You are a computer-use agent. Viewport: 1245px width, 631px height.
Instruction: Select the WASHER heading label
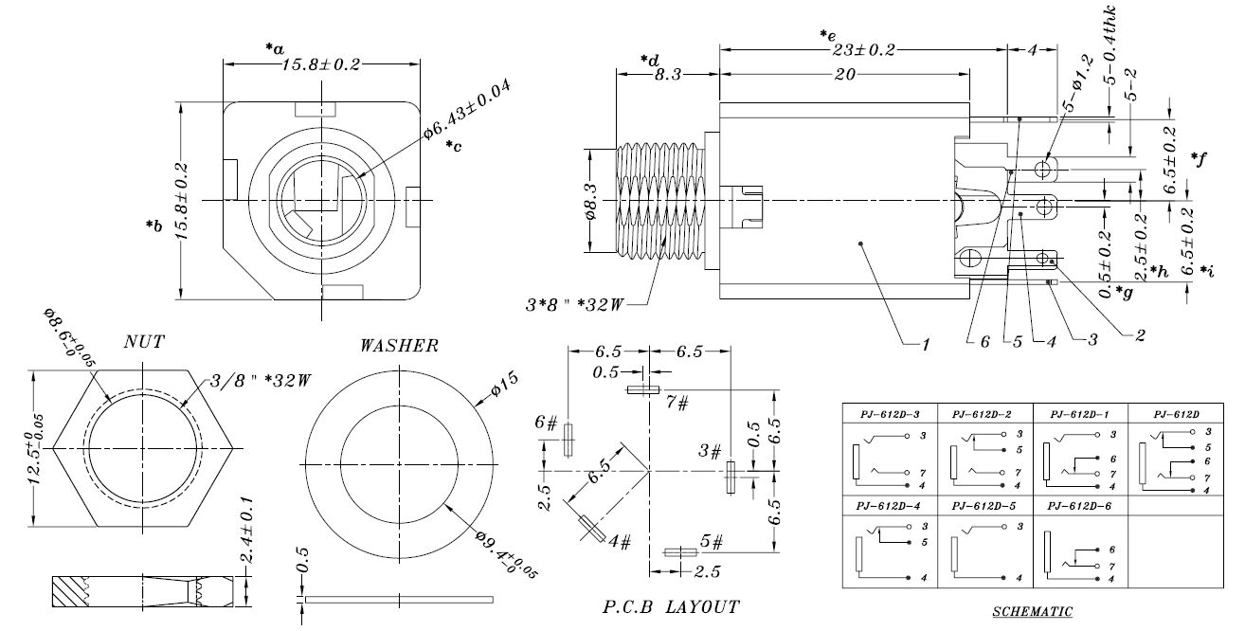(399, 346)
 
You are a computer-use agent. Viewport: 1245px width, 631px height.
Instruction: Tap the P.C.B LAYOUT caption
(672, 604)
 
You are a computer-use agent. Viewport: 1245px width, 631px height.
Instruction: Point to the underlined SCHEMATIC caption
(1032, 612)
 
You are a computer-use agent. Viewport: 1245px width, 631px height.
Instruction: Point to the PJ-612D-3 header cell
(889, 414)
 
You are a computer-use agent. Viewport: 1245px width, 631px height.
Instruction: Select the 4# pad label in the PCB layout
(621, 542)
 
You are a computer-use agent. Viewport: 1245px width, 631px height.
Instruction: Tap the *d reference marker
(649, 61)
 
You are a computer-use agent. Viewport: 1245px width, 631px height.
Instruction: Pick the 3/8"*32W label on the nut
(247, 381)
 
